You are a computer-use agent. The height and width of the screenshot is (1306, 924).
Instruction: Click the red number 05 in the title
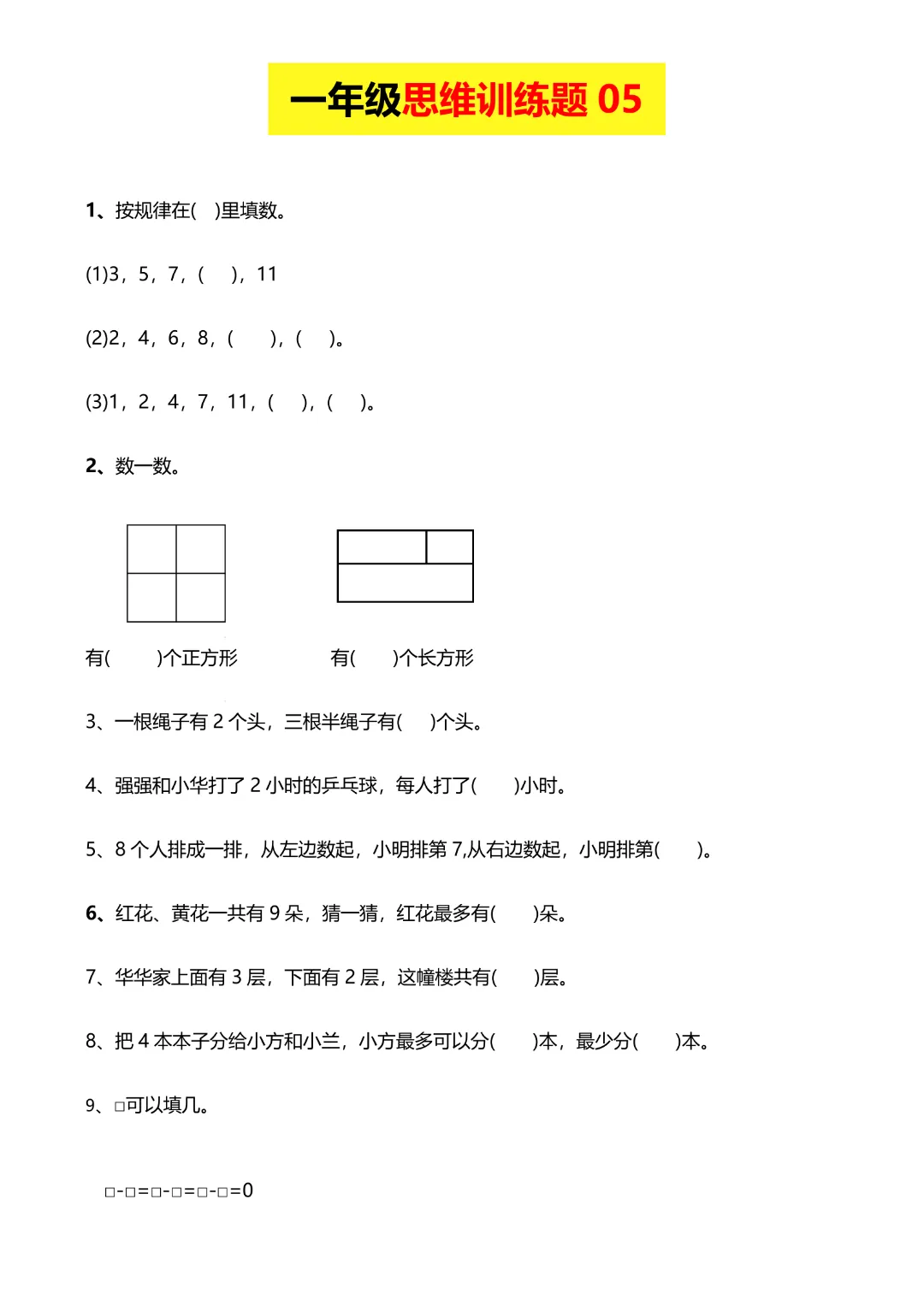619,99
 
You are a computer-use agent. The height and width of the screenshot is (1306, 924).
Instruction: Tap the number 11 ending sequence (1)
267,275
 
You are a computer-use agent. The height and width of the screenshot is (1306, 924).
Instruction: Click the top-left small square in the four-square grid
151,549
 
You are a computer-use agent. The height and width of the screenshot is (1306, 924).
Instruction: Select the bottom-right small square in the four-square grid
201,597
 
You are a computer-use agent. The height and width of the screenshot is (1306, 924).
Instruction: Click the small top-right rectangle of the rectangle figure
449,547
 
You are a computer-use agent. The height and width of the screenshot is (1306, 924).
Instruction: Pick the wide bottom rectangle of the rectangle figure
406,582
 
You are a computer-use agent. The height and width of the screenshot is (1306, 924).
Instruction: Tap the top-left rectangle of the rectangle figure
382,547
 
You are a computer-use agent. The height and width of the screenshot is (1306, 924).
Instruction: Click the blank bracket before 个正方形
133,658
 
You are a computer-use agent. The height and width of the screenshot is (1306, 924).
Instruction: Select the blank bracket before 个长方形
374,658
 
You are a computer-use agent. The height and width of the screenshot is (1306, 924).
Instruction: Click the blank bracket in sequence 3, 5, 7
218,275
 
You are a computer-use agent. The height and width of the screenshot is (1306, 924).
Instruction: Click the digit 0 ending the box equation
247,1191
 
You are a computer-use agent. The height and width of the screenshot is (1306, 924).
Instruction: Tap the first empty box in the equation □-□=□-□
110,1192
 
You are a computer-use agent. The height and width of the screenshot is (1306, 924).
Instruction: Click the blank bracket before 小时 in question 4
495,785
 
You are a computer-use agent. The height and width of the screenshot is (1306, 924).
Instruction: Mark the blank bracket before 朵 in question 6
514,913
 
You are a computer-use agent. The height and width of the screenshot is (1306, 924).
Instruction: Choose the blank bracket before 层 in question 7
515,978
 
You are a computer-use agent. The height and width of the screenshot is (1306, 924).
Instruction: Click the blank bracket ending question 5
679,849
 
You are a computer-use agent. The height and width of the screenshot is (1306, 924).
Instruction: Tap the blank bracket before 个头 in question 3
416,722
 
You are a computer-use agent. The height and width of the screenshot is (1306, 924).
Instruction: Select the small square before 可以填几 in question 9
120,1107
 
